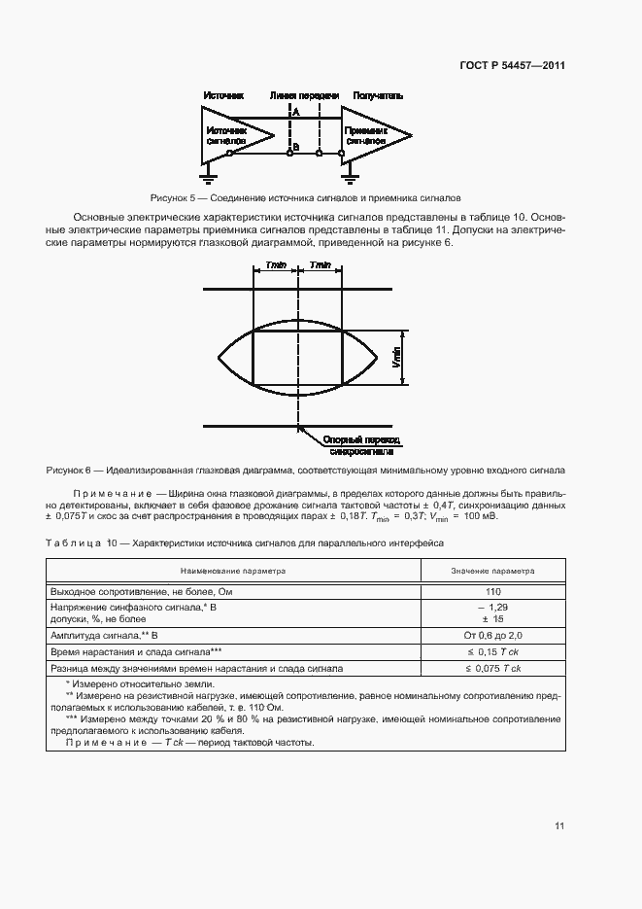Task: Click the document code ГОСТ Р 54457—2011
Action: [512, 66]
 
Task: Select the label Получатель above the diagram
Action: [378, 96]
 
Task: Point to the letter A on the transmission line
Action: [295, 113]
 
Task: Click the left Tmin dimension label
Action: [275, 264]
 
